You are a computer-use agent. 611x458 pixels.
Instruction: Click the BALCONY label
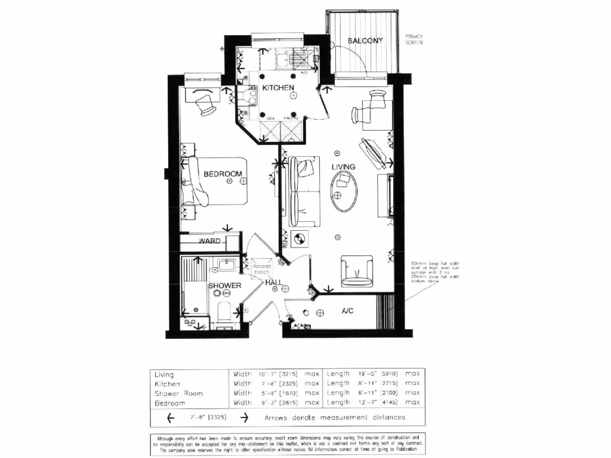(365, 41)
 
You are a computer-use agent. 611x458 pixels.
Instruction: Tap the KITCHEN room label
(278, 88)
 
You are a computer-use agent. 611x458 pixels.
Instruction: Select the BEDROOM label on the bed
(223, 174)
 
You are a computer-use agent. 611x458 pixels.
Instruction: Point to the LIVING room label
(344, 167)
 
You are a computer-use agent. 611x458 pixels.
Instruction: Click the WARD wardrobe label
(209, 242)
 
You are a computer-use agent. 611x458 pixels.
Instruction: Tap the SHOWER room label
(224, 286)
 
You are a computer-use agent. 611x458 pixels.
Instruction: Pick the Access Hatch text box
(262, 269)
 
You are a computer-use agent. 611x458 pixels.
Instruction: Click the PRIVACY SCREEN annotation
(414, 39)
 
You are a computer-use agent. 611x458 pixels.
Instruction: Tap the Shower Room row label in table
(178, 394)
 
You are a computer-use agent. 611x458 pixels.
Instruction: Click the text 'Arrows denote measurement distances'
(335, 417)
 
